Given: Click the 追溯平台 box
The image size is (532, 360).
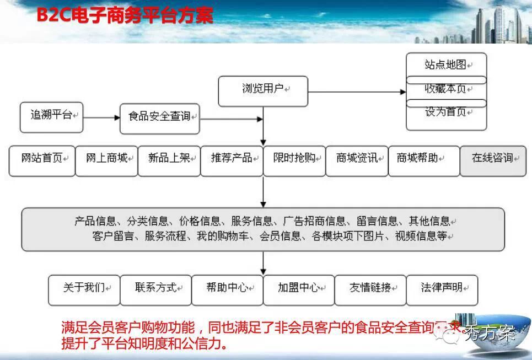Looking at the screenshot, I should pyautogui.click(x=51, y=117).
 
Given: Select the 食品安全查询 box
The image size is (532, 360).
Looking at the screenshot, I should pyautogui.click(x=159, y=117).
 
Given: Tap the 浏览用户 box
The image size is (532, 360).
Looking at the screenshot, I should pyautogui.click(x=263, y=90).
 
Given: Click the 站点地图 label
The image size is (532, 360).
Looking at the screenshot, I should pyautogui.click(x=446, y=65).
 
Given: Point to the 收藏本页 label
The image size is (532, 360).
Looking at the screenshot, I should pyautogui.click(x=446, y=89).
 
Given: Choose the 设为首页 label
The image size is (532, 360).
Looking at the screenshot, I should pyautogui.click(x=446, y=112).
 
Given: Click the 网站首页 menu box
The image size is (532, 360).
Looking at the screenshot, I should pyautogui.click(x=42, y=160).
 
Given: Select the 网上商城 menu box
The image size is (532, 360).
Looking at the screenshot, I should pyautogui.click(x=106, y=160).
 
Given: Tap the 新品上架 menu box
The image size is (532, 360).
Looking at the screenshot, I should pyautogui.click(x=169, y=160).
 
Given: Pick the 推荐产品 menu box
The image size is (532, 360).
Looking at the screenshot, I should pyautogui.click(x=232, y=160).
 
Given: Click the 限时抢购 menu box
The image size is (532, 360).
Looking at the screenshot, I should pyautogui.click(x=294, y=160).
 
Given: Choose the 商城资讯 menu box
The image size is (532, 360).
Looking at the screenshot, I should pyautogui.click(x=357, y=160).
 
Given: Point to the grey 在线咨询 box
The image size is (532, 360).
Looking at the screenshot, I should pyautogui.click(x=492, y=160).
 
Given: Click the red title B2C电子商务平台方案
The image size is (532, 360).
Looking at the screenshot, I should pyautogui.click(x=125, y=15).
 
